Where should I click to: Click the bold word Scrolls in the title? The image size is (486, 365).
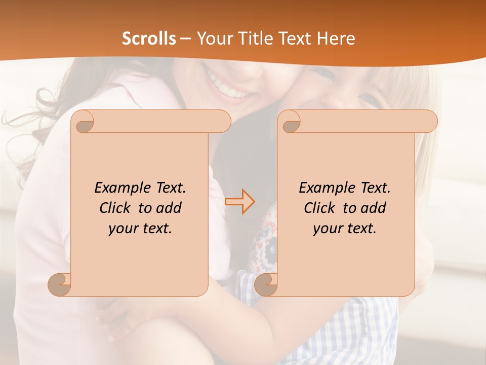149,39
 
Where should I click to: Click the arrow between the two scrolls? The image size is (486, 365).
239,201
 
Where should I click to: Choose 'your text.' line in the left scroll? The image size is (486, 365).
140,229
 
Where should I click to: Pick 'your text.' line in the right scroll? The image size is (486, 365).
345,229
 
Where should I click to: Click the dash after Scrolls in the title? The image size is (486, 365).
186,39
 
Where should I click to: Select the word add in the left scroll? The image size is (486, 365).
169,208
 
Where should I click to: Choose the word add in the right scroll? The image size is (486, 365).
373,208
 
